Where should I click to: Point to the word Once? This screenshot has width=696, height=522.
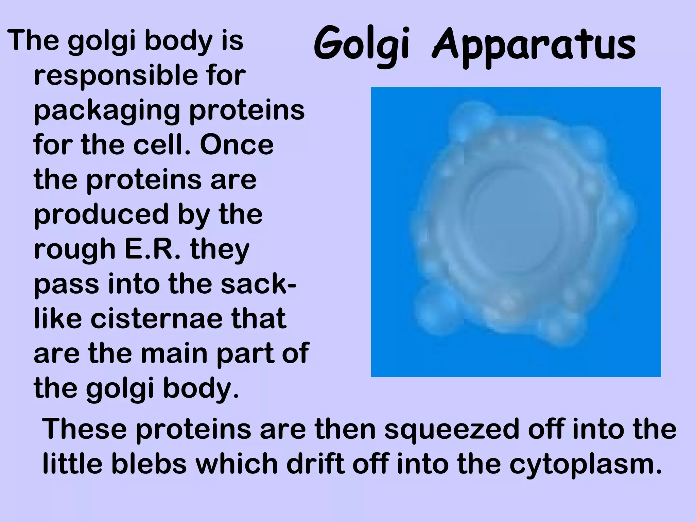point(237,145)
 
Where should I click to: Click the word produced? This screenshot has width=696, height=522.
point(101,215)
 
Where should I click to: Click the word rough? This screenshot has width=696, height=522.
point(74,250)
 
